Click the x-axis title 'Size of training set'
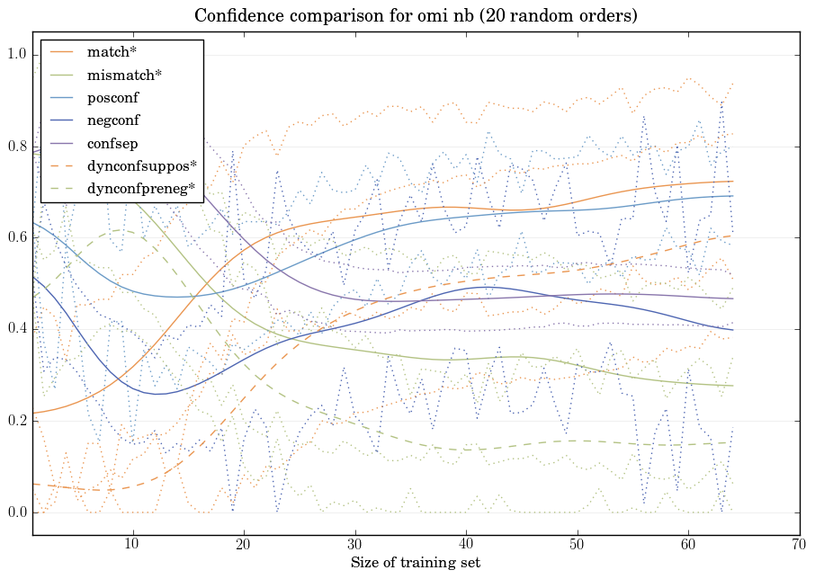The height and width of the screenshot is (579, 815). pos(415,564)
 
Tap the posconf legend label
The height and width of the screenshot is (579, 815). pos(112,97)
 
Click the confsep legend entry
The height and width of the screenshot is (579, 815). pos(112,143)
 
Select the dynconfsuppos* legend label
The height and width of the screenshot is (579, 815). pos(141,166)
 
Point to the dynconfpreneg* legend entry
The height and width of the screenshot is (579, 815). pos(140,189)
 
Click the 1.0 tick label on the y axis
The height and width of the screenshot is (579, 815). pos(17,55)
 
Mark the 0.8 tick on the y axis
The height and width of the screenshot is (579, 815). pos(17,147)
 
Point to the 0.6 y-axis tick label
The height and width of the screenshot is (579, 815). pos(17,238)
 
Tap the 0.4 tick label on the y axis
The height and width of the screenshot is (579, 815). pos(17,330)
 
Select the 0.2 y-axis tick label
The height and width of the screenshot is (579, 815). pos(17,422)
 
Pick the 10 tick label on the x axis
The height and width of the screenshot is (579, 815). pos(132,545)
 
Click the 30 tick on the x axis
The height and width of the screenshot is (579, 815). pos(354,545)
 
